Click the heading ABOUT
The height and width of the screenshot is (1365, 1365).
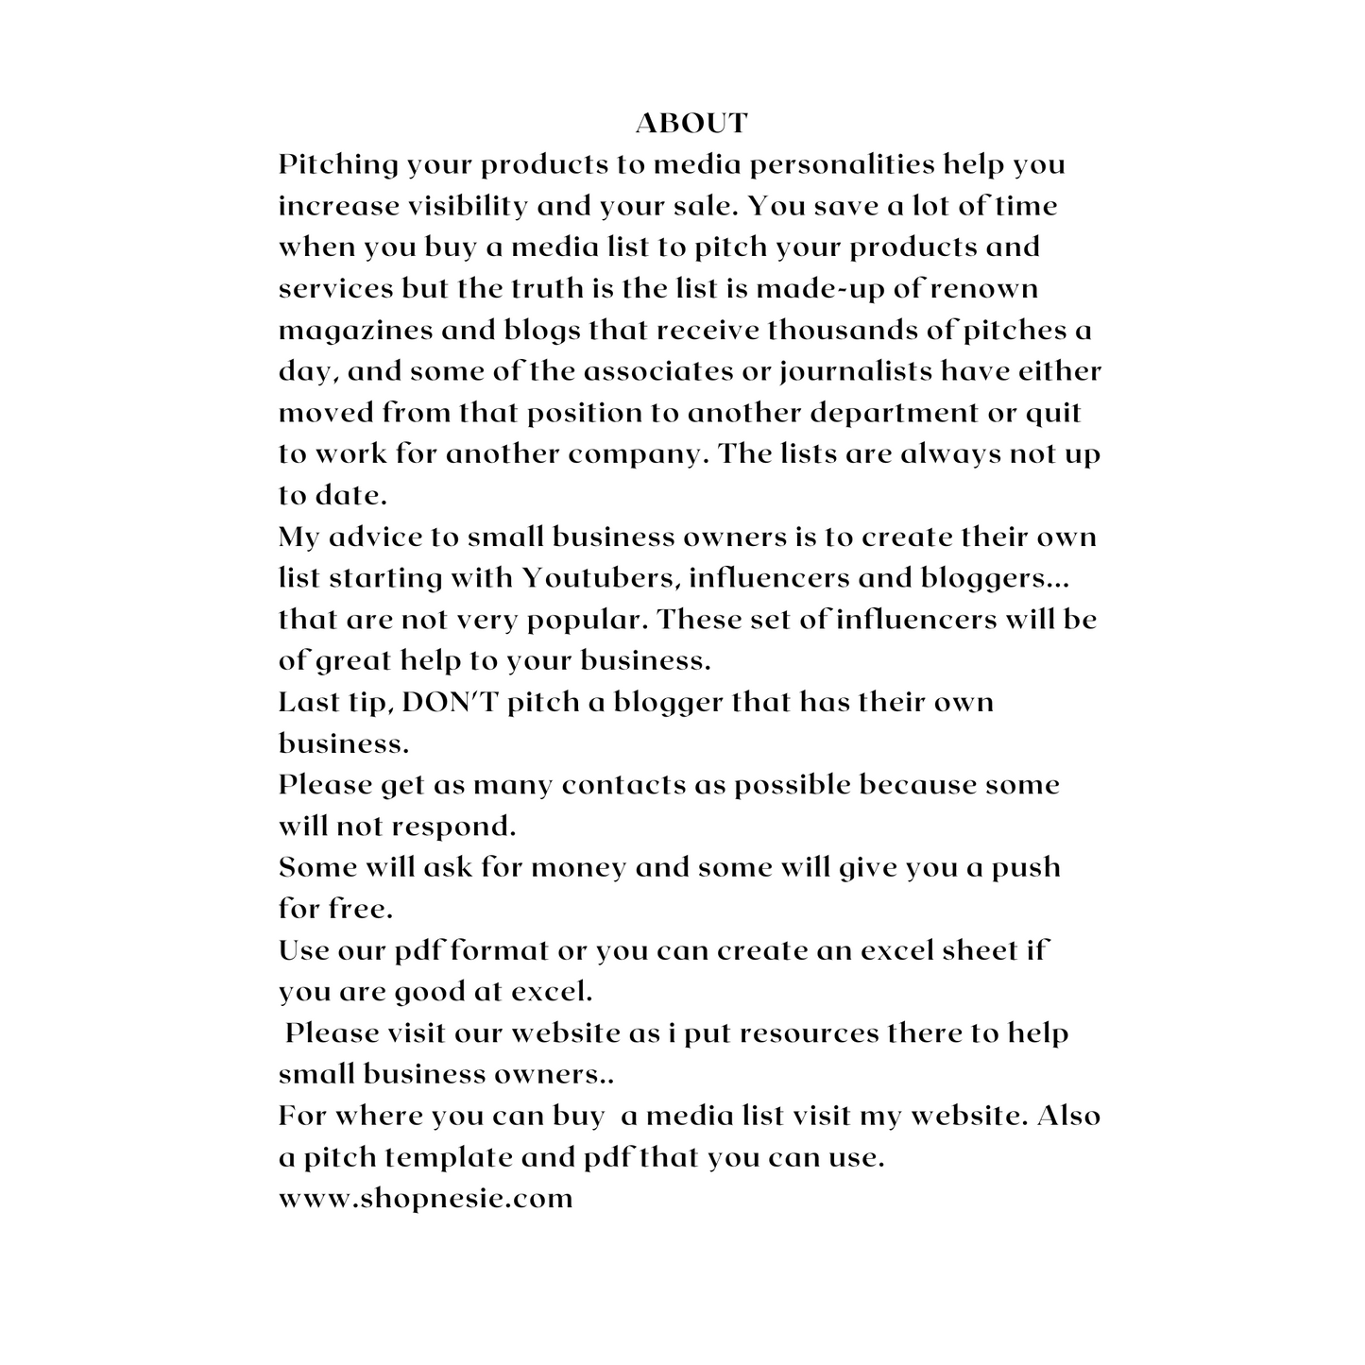pyautogui.click(x=691, y=123)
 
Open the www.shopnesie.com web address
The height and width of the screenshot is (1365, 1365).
pyautogui.click(x=425, y=1199)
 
